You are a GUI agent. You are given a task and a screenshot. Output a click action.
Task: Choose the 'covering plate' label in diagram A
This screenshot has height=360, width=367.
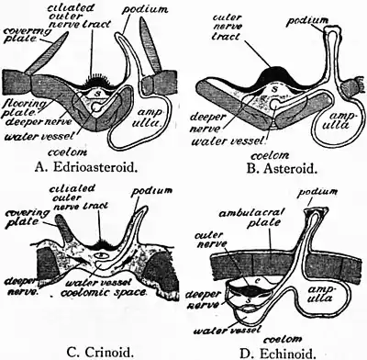(22, 33)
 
